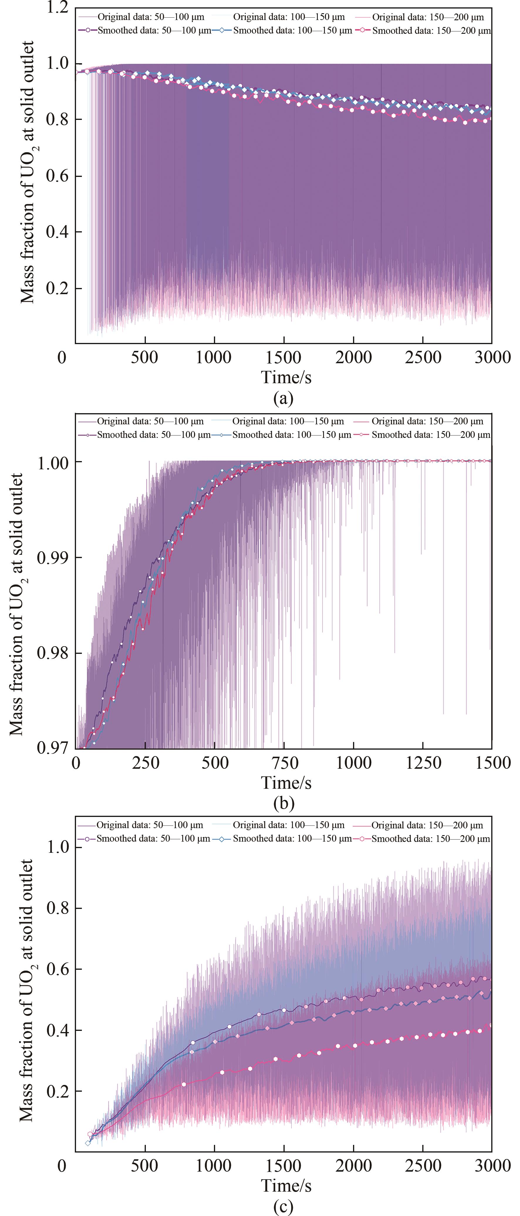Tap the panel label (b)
283,803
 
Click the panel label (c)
283,1207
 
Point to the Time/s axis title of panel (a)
286,377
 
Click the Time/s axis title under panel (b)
286,783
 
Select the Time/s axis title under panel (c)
286,1185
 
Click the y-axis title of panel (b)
17,604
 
